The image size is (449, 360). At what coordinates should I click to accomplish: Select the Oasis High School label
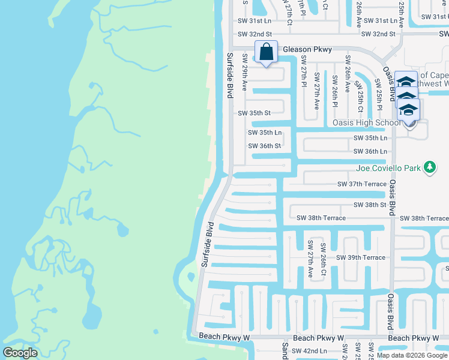(367, 123)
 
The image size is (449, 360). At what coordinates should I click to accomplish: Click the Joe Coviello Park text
(389, 168)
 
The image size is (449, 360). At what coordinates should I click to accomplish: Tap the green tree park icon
(429, 167)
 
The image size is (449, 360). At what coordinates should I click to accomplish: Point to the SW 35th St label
(255, 113)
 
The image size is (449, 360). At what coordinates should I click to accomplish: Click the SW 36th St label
(265, 146)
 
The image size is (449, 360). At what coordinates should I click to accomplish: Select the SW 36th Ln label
(370, 152)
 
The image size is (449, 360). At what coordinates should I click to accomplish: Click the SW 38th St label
(370, 205)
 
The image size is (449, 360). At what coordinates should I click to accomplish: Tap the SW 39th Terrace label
(361, 257)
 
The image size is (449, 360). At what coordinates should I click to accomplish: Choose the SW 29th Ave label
(245, 71)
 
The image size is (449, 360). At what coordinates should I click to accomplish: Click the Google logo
(20, 353)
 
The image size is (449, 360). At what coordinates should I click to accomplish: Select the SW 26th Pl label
(334, 90)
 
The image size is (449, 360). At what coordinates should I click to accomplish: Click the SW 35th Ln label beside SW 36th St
(265, 133)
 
